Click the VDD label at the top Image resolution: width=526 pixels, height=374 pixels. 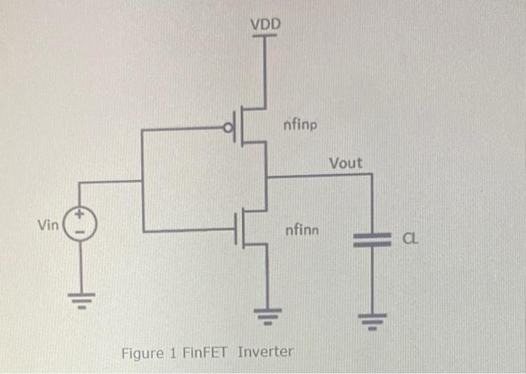[x=265, y=25]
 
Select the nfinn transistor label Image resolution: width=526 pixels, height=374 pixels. [x=302, y=230]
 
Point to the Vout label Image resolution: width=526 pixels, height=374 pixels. [x=345, y=163]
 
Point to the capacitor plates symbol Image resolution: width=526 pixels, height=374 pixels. [x=370, y=239]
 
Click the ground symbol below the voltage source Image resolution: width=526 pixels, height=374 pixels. [x=81, y=298]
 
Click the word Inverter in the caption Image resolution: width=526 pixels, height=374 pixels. [x=265, y=351]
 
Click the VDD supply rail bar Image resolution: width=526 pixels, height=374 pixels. [x=265, y=38]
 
